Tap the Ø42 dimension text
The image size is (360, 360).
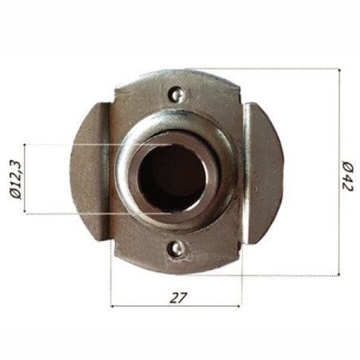click(349, 176)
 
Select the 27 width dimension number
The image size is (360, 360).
click(178, 297)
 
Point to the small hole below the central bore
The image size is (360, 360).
click(177, 249)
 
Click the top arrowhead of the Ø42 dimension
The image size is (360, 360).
click(338, 72)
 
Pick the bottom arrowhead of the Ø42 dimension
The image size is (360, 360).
click(338, 272)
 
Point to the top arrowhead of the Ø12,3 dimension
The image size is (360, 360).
click(26, 147)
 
